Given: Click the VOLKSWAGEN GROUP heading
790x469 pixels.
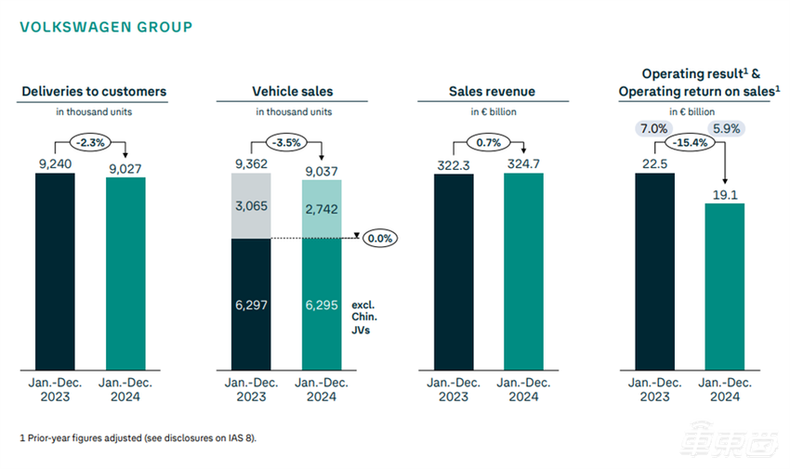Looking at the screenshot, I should [106, 27].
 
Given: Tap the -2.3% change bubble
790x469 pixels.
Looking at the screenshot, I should [91, 142].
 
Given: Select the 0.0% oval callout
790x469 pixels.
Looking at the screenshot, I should [377, 238].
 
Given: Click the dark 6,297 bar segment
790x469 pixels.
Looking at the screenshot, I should [251, 306].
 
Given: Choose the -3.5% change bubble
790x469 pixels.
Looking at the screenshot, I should [288, 142].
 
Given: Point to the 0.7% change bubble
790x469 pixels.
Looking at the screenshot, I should [489, 142].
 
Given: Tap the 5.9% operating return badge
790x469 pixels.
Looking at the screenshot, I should [725, 128].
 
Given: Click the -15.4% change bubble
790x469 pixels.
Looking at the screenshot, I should [690, 143].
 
